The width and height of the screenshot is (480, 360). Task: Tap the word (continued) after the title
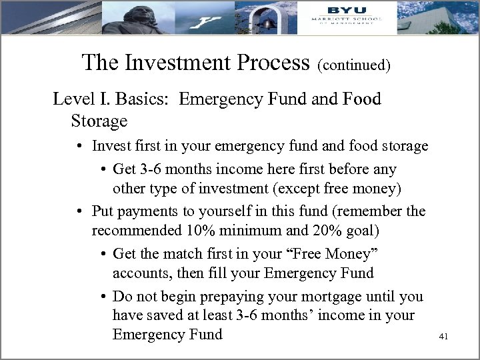point(354,65)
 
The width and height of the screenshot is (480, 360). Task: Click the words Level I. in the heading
point(81,100)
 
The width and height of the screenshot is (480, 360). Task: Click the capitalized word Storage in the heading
point(99,121)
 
